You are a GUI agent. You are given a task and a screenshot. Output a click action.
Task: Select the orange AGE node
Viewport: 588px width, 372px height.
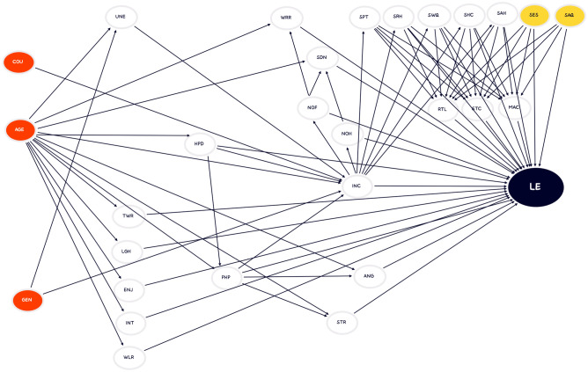click(19, 130)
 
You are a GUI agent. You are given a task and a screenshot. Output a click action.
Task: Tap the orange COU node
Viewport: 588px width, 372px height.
click(18, 62)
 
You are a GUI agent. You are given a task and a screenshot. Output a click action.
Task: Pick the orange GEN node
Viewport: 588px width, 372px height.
click(27, 301)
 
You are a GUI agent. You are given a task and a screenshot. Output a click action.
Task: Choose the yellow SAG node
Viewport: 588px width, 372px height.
click(568, 16)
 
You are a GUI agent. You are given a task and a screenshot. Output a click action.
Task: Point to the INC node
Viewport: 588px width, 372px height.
click(356, 186)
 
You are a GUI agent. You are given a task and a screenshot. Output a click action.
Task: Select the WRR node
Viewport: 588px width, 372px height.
click(286, 18)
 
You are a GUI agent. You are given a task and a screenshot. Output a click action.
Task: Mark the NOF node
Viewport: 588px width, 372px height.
click(311, 108)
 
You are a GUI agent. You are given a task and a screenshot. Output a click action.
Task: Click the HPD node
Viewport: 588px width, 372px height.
click(198, 143)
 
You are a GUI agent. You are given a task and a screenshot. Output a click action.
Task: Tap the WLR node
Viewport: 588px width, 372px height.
click(129, 357)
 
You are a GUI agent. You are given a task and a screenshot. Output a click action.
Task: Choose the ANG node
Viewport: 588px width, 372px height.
click(368, 277)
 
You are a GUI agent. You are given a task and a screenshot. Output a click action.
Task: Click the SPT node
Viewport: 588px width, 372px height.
click(363, 17)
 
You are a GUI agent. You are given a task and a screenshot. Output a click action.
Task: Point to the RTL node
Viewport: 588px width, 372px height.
click(443, 109)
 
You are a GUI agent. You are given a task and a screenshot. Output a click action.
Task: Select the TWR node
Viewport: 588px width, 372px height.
click(128, 215)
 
